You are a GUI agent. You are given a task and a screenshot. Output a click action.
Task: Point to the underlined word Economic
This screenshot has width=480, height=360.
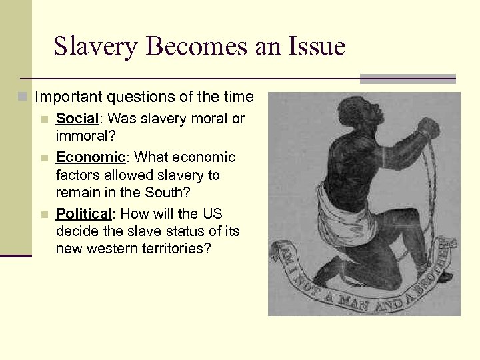[90, 158]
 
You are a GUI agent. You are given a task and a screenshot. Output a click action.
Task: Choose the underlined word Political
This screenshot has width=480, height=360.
[83, 214]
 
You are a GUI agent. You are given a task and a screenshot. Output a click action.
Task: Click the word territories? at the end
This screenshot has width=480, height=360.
[184, 249]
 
